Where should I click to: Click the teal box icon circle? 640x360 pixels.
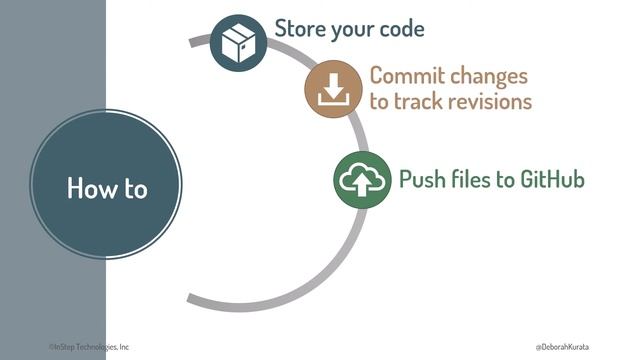(x=238, y=43)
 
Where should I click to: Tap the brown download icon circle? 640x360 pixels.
(x=333, y=91)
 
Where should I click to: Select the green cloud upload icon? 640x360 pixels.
(x=362, y=180)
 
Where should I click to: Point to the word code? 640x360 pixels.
(x=399, y=28)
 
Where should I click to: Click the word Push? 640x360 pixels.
(x=422, y=180)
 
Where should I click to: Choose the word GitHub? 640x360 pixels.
(x=549, y=180)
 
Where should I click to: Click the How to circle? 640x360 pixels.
(x=106, y=187)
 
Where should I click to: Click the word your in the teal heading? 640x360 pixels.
(x=351, y=29)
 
